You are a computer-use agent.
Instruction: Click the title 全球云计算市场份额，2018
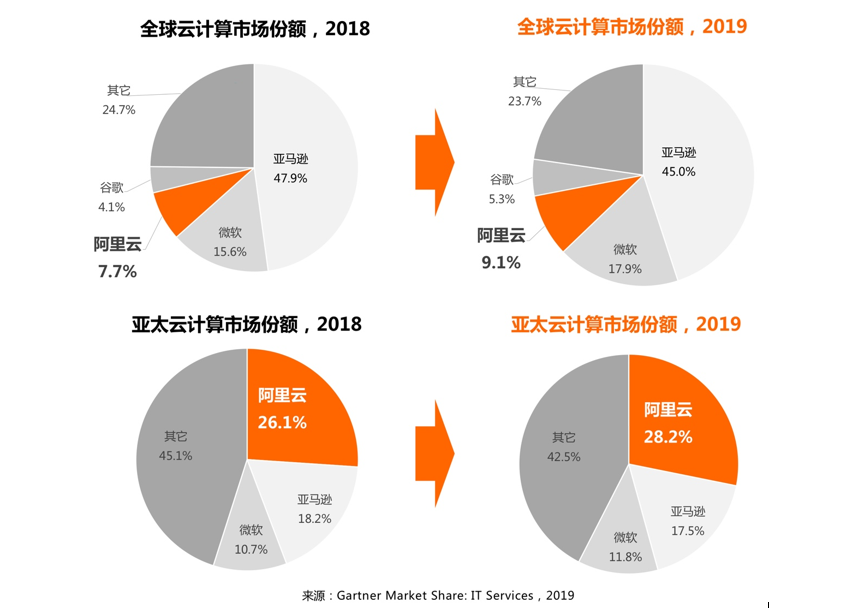click(255, 28)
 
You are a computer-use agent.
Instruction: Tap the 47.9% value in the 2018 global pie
click(291, 178)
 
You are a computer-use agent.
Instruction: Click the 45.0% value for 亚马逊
click(678, 171)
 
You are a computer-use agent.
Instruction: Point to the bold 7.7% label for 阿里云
click(117, 271)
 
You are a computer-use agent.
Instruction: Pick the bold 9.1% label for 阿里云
click(500, 263)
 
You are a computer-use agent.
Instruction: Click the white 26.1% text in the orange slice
click(282, 422)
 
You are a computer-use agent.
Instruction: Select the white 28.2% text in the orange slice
click(668, 436)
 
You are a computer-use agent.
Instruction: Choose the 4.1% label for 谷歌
click(112, 207)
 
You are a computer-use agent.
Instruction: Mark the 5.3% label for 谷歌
click(502, 199)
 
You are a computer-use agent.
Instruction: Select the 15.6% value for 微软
click(230, 252)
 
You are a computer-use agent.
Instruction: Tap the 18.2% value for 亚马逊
click(314, 518)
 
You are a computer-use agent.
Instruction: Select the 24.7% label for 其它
click(119, 109)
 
